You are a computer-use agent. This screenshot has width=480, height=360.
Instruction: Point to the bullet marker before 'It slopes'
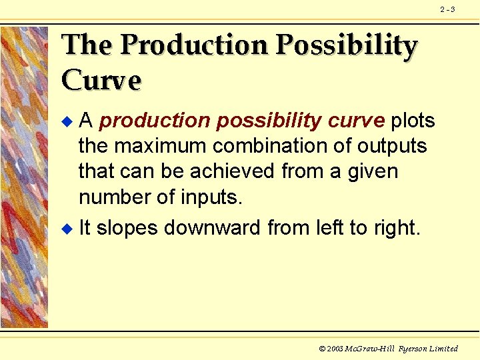click(x=65, y=229)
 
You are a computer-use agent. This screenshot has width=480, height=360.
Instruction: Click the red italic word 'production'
click(x=153, y=121)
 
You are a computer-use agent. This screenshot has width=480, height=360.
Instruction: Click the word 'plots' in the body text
click(x=413, y=121)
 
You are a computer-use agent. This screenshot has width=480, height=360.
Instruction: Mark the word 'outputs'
click(x=393, y=146)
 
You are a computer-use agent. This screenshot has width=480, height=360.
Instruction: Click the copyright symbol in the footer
click(x=323, y=349)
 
